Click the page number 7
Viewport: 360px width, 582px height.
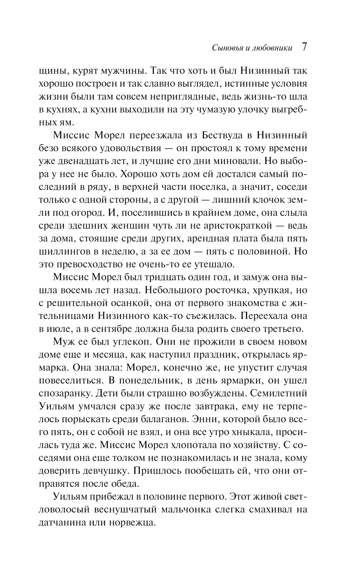(x=304, y=47)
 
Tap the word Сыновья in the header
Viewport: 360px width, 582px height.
(x=216, y=48)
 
